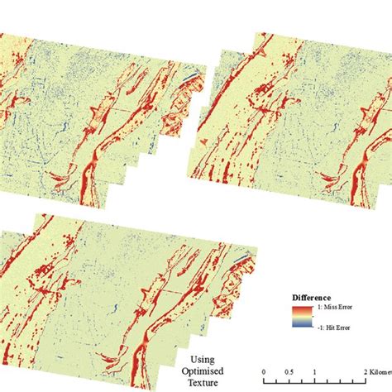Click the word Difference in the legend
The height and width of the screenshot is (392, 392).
click(313, 297)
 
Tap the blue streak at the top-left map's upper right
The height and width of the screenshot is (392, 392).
click(190, 76)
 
